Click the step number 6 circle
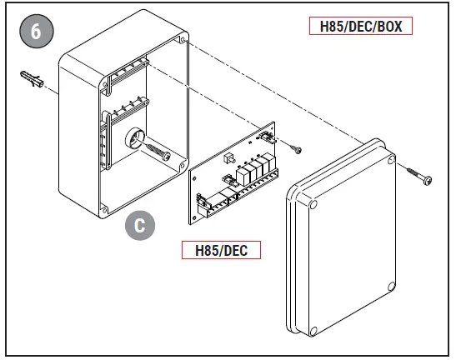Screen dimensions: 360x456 point(35,32)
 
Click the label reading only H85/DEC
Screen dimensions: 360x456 point(221,250)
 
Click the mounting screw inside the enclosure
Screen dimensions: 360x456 point(157,152)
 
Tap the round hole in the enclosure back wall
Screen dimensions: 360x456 point(133,139)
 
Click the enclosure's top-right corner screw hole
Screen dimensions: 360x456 point(182,39)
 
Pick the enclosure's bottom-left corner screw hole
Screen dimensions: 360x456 point(104,207)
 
